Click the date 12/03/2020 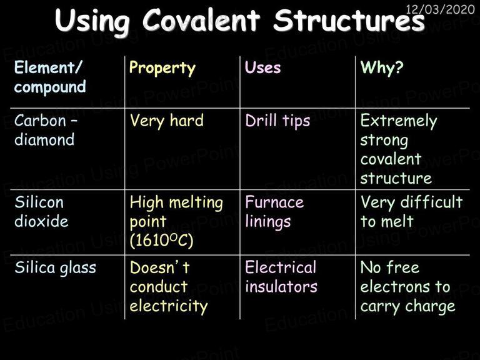[x=440, y=9]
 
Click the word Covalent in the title [x=201, y=20]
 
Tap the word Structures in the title [x=349, y=20]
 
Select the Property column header [x=162, y=68]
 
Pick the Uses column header [x=262, y=67]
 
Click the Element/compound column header [x=50, y=77]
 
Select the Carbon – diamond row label [x=46, y=130]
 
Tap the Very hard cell [x=166, y=121]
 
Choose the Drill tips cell [x=277, y=121]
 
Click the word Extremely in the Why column [x=399, y=121]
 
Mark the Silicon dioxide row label [x=41, y=211]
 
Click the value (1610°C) [x=161, y=240]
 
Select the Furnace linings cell [x=274, y=212]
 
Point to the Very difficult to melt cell [x=411, y=211]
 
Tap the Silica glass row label [x=56, y=268]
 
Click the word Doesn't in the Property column [x=159, y=267]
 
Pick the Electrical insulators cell [x=281, y=277]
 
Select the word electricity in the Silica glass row [x=168, y=306]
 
